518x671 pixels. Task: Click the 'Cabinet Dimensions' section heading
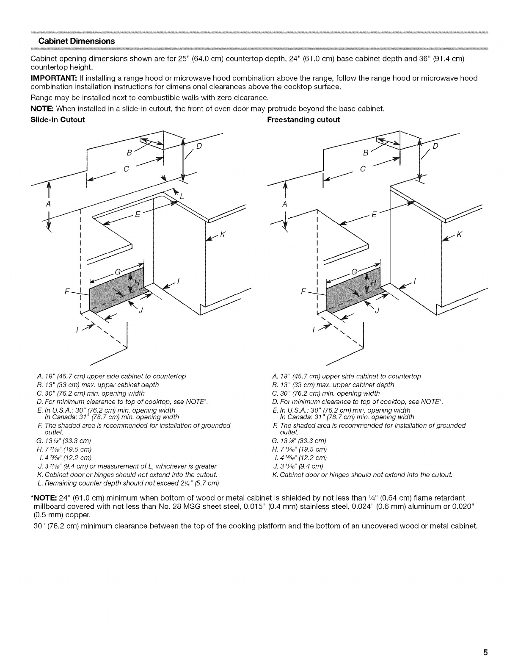77,41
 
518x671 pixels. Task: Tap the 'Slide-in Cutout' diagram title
58,119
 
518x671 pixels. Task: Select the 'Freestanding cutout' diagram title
303,119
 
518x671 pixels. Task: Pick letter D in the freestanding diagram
436,146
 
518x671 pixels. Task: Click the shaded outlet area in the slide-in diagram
116,292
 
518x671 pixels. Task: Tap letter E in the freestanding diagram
373,214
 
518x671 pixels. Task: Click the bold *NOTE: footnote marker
47,496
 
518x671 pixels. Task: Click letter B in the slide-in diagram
129,152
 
